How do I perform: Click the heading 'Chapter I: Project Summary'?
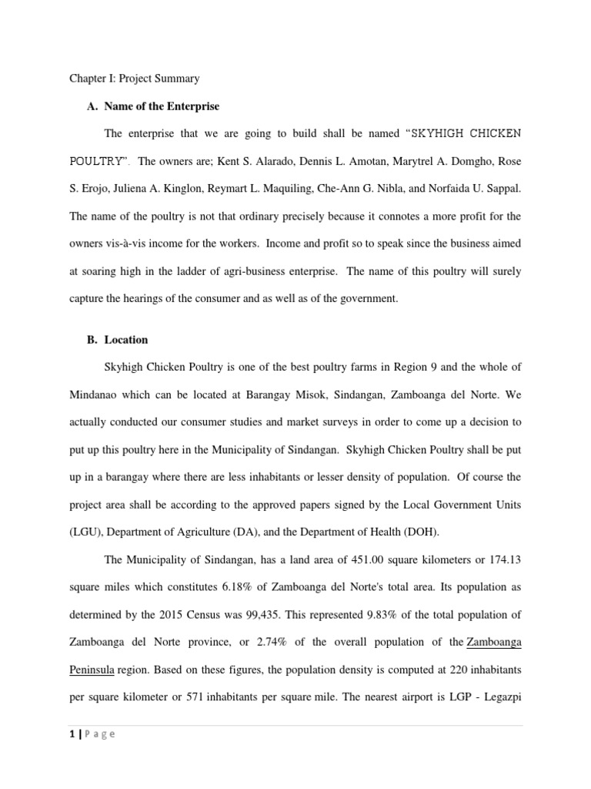135,79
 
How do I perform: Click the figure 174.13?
505,559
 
